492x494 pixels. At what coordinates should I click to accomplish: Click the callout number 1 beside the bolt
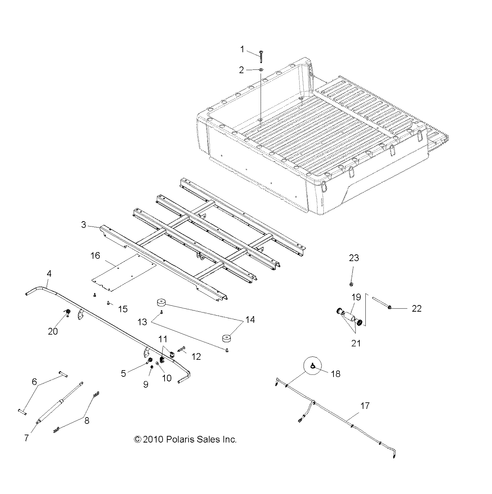242,50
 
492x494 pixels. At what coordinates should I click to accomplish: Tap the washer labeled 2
261,69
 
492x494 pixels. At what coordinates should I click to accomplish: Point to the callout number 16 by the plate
95,256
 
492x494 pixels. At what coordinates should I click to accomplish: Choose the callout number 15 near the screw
123,309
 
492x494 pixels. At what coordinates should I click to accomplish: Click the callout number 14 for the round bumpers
250,320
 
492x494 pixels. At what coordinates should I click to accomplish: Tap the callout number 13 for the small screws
142,322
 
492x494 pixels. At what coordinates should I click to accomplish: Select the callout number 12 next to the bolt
196,356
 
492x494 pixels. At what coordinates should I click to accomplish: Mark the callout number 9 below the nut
146,384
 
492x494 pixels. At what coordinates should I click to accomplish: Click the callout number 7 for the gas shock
27,438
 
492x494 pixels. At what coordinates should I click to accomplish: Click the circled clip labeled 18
313,367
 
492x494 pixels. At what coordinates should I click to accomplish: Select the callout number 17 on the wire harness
365,406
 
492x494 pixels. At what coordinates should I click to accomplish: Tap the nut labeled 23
351,284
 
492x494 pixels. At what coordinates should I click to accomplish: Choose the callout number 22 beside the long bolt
416,308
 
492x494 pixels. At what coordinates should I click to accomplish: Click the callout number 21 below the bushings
356,343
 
